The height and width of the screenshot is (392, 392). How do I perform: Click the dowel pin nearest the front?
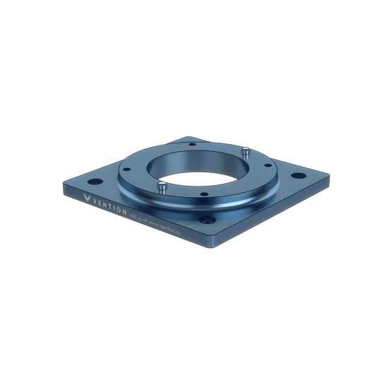pos(162,187)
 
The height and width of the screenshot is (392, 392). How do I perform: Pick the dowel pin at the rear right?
pos(244,151)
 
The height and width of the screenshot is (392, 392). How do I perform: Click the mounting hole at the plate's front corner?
pos(210,223)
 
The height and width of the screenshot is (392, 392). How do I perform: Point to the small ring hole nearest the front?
pos(202,195)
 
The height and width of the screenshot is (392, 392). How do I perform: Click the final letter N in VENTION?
pos(124,211)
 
